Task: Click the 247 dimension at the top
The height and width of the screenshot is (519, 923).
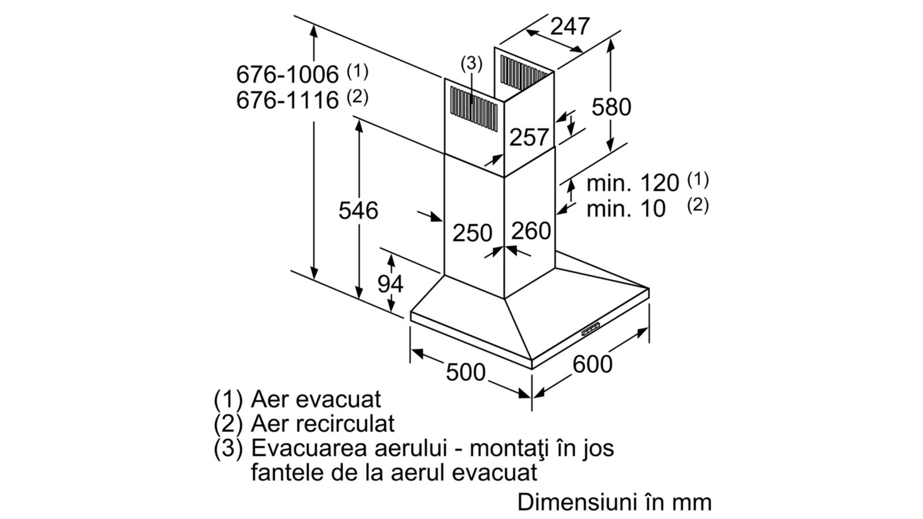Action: [570, 27]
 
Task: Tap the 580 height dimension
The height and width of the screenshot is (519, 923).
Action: [611, 107]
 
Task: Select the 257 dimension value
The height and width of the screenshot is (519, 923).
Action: [529, 137]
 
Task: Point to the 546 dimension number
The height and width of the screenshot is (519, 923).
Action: [358, 210]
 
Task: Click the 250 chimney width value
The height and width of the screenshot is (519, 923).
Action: [472, 233]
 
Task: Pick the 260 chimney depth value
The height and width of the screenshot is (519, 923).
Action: [531, 231]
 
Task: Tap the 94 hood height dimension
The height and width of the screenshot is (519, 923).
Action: [390, 284]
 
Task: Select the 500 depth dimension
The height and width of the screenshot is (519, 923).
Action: [466, 373]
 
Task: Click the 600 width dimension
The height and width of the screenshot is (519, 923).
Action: [592, 364]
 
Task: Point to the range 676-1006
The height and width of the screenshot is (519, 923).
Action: [287, 74]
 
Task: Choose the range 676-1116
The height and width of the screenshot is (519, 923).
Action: [287, 100]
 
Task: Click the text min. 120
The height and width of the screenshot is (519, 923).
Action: [632, 183]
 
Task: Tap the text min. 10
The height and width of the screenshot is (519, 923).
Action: [626, 208]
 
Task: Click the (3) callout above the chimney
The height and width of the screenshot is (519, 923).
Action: [471, 63]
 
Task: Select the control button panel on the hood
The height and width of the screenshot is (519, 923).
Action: [591, 329]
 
